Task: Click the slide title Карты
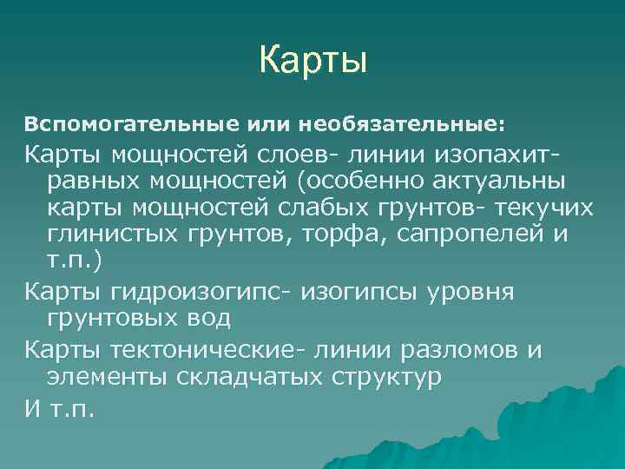click(x=313, y=61)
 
